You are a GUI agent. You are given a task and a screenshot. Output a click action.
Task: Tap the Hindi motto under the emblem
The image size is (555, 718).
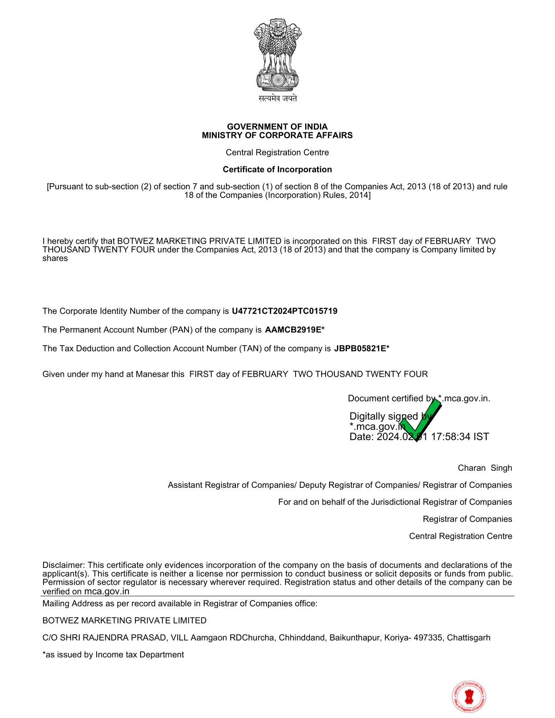pyautogui.click(x=278, y=99)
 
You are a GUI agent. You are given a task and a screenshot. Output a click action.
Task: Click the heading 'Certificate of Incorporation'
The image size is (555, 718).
pyautogui.click(x=277, y=169)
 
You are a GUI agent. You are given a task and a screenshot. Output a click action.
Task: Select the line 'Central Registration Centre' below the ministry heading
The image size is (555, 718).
pyautogui.click(x=277, y=152)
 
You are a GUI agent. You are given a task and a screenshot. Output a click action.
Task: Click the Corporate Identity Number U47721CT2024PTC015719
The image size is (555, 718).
pyautogui.click(x=284, y=311)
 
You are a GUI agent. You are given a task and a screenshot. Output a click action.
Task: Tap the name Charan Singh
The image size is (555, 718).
pyautogui.click(x=484, y=468)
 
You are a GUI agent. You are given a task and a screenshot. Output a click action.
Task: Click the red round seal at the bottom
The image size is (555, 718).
pyautogui.click(x=469, y=697)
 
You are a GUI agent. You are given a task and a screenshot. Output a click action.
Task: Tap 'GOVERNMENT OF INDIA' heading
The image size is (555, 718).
pyautogui.click(x=277, y=127)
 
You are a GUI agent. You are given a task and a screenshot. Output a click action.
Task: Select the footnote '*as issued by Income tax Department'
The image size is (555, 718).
pyautogui.click(x=113, y=654)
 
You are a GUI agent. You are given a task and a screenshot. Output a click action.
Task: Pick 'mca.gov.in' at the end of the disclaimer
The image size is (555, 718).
pyautogui.click(x=107, y=591)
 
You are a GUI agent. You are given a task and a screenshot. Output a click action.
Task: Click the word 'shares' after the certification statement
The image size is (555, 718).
pyautogui.click(x=55, y=258)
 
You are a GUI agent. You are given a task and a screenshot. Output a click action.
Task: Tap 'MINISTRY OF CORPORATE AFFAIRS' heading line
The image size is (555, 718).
pyautogui.click(x=277, y=135)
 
